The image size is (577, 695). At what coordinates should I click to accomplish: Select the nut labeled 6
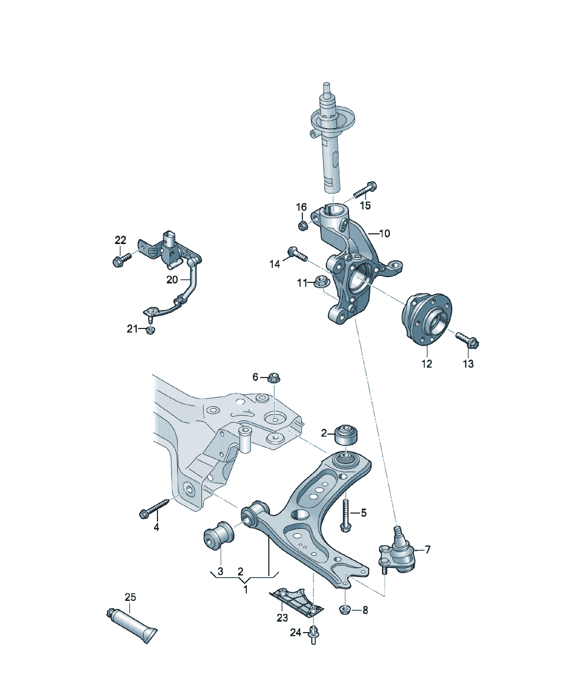273,378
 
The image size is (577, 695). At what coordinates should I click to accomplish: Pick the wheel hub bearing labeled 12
426,319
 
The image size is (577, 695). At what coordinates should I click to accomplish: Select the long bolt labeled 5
345,516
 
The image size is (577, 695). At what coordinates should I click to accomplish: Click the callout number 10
384,234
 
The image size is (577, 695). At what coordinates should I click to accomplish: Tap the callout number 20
172,280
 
